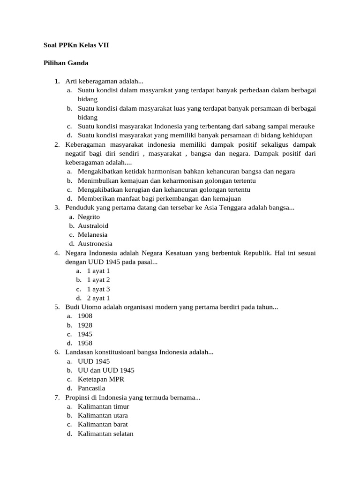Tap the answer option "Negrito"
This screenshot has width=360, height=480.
[x=89, y=217]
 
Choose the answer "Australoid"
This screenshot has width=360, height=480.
[x=93, y=225]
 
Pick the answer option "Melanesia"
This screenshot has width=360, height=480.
[x=92, y=234]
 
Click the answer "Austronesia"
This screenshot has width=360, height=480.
[x=95, y=244]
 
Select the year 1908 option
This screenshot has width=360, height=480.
[x=85, y=316]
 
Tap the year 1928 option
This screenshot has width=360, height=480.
[x=85, y=325]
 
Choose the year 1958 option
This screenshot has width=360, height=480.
[x=85, y=343]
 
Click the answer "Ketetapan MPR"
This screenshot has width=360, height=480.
[x=101, y=379]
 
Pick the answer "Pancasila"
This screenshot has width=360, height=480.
[x=91, y=388]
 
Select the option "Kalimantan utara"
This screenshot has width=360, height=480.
[x=103, y=415]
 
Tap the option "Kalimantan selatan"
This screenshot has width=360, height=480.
[x=105, y=434]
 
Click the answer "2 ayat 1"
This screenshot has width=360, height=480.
[x=98, y=298]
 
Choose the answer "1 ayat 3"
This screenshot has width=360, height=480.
[x=98, y=289]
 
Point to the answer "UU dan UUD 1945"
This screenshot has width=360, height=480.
[x=106, y=370]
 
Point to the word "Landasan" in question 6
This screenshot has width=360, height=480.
[x=78, y=352]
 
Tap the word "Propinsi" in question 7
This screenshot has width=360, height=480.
[x=77, y=397]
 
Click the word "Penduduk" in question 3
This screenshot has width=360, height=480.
[x=79, y=207]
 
